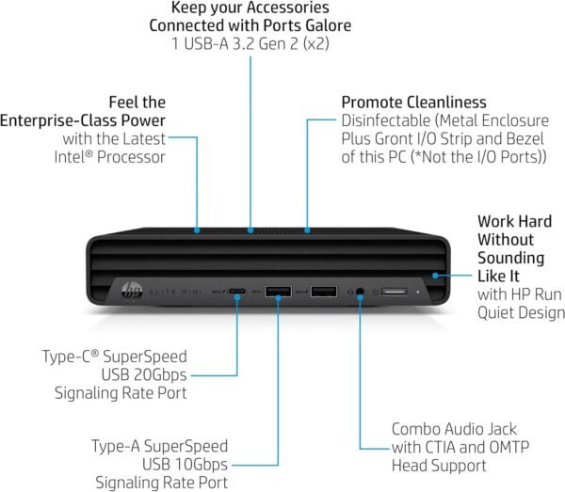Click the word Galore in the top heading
(x=324, y=24)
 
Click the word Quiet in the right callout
(x=493, y=311)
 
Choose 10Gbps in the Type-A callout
(x=196, y=464)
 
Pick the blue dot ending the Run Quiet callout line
(x=436, y=275)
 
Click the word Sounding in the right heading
(x=509, y=257)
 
